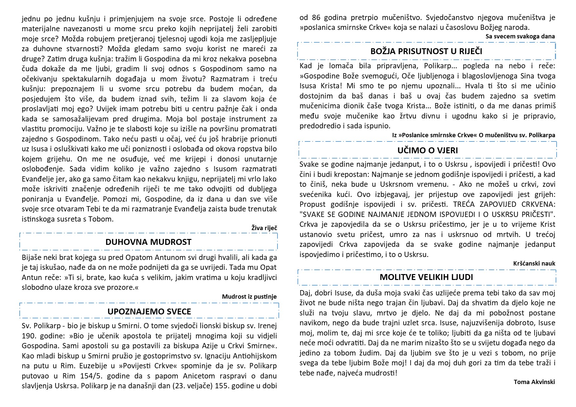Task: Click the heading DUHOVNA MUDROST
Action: click(x=148, y=242)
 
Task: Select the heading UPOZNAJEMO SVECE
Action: click(x=149, y=311)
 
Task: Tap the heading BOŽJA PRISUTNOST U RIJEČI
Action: click(x=426, y=51)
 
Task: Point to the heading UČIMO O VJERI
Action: click(x=428, y=150)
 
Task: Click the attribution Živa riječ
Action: click(x=264, y=228)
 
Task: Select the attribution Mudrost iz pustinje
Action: click(x=249, y=297)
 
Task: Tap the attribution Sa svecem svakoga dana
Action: click(x=520, y=36)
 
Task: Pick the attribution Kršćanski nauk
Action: click(x=534, y=263)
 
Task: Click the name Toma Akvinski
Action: click(x=534, y=382)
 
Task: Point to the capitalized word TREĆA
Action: click(x=464, y=204)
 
